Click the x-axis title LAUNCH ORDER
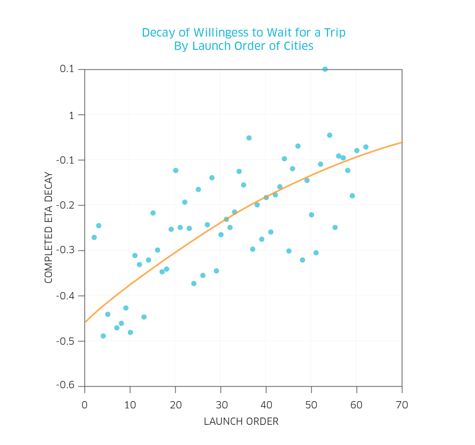pyautogui.click(x=241, y=421)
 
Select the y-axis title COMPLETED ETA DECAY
pyautogui.click(x=48, y=228)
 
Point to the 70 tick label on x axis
pyautogui.click(x=402, y=405)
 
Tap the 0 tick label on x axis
pyautogui.click(x=85, y=405)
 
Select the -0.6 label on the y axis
pyautogui.click(x=65, y=385)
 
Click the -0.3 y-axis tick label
pyautogui.click(x=65, y=250)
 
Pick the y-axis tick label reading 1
pyautogui.click(x=72, y=115)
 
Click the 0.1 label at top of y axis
pyautogui.click(x=67, y=69)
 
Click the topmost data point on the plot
pyautogui.click(x=325, y=69)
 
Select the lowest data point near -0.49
pyautogui.click(x=103, y=336)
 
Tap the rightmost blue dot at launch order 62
pyautogui.click(x=366, y=147)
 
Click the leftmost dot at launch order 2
pyautogui.click(x=94, y=237)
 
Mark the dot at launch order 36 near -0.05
pyautogui.click(x=249, y=138)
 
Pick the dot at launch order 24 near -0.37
pyautogui.click(x=194, y=283)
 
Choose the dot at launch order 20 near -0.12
pyautogui.click(x=176, y=170)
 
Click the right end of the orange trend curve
pyautogui.click(x=402, y=142)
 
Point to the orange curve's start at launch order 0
pyautogui.click(x=86, y=321)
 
